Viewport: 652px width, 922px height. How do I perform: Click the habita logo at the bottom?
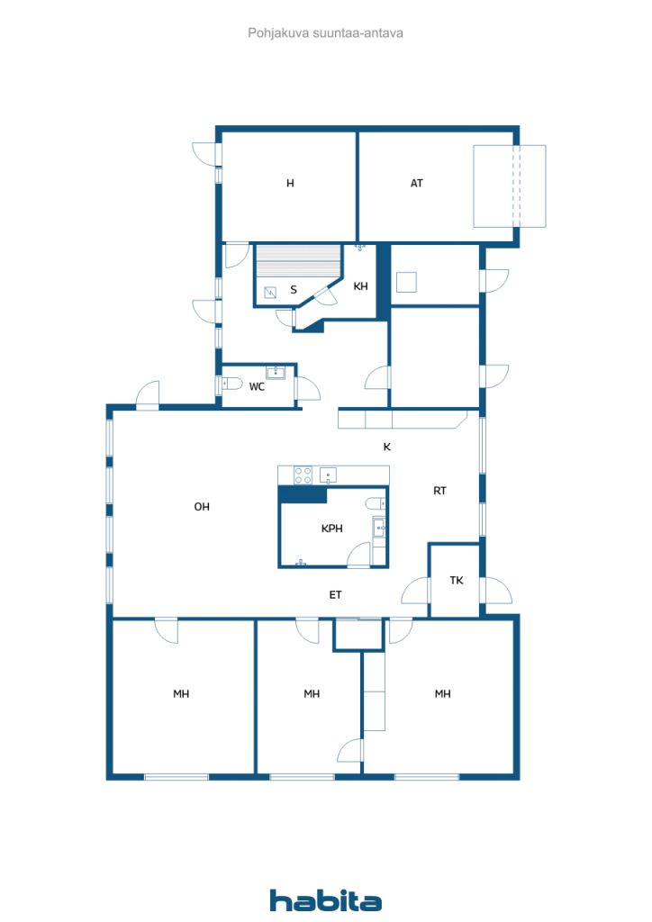(326, 900)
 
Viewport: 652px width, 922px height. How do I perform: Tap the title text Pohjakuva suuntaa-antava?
(325, 33)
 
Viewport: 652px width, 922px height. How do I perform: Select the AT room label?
(417, 184)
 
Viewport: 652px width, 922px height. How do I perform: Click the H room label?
(290, 184)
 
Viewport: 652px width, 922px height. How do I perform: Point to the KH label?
(360, 286)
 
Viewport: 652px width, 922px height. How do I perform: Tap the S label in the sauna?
(294, 290)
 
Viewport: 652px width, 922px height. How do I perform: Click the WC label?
(257, 387)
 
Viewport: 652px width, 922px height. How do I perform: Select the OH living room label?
(202, 507)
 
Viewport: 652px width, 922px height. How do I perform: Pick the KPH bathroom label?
(331, 529)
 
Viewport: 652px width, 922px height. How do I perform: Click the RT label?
(439, 491)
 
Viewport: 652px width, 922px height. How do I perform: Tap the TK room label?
(457, 581)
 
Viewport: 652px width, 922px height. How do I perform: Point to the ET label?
(335, 595)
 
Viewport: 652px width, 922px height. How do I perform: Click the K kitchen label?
(387, 447)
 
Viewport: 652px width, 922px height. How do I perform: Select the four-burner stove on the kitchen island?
(303, 475)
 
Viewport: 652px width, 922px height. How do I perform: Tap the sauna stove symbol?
(270, 292)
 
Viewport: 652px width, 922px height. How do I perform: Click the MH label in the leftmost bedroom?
(181, 694)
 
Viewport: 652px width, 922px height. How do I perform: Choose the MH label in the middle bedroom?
(312, 694)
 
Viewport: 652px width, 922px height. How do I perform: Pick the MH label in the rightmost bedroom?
(443, 694)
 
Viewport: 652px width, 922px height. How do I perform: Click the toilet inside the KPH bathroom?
(376, 502)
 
